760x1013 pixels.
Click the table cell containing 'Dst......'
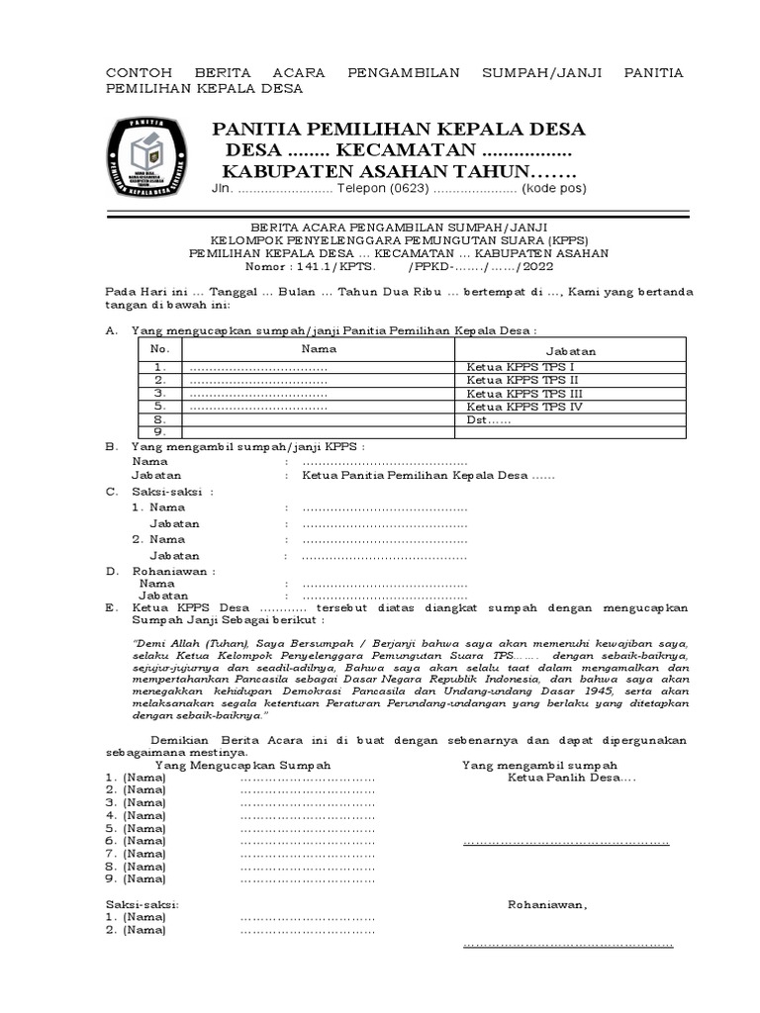pos(489,418)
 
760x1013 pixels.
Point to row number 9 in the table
pos(158,431)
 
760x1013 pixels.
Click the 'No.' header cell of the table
pos(159,349)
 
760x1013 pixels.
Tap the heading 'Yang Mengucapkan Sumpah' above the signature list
pos(242,766)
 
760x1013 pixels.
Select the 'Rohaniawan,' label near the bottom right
pos(547,904)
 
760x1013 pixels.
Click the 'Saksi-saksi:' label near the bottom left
pos(142,904)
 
